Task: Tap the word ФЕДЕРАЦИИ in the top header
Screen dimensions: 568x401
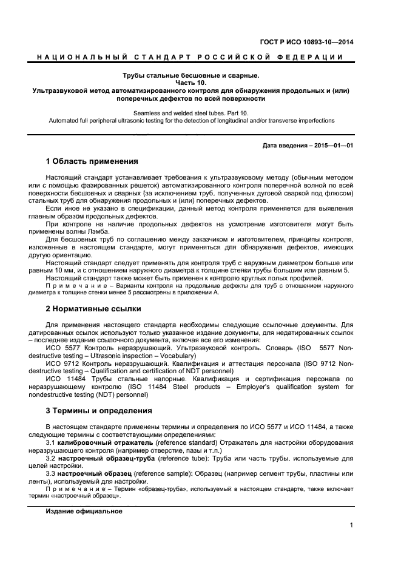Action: (317, 57)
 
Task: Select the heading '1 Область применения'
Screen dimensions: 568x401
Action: (92, 162)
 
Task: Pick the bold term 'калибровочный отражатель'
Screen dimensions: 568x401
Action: (98, 442)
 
